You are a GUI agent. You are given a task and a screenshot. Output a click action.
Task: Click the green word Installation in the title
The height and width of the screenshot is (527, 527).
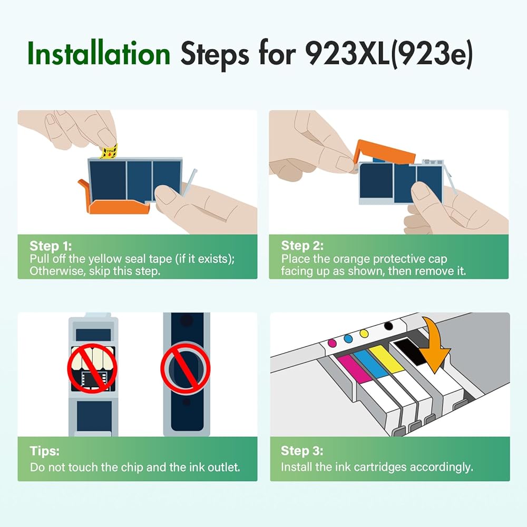99,53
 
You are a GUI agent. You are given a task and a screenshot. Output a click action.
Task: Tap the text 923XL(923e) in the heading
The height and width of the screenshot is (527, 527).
389,54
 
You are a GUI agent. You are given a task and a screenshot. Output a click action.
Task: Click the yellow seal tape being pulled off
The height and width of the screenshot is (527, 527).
109,151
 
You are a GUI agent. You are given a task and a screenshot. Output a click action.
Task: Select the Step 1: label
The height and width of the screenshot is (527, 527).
51,246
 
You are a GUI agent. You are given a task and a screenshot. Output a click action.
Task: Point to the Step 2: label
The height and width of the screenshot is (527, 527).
302,246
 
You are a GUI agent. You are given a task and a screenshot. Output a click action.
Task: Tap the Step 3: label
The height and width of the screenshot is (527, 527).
302,451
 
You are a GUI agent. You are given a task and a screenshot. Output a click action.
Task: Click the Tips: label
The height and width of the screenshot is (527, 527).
45,451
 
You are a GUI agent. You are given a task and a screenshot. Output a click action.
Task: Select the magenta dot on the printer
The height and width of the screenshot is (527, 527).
332,343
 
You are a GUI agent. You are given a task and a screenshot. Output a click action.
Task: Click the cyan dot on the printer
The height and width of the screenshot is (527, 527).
348,338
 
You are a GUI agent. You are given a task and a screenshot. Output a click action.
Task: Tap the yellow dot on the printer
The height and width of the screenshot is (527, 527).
364,334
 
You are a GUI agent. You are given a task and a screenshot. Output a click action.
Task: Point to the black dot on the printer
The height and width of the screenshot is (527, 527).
388,326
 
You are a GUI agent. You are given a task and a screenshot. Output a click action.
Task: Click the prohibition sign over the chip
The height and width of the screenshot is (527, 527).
92,368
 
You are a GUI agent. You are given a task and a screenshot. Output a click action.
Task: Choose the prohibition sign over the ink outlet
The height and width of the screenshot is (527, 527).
185,367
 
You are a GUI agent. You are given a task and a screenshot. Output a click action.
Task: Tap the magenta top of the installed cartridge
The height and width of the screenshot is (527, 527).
354,369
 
